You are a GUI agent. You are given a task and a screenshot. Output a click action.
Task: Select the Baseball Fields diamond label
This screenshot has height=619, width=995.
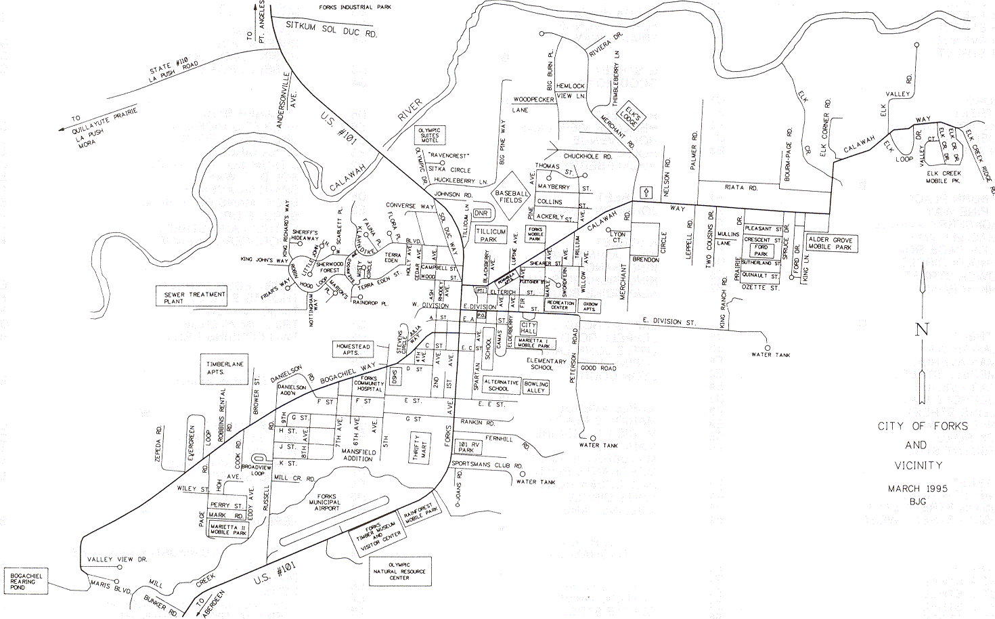coord(510,196)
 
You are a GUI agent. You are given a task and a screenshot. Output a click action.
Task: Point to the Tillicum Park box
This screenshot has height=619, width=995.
coord(491,235)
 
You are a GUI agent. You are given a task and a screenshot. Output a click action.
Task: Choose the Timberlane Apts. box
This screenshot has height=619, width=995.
coord(215,368)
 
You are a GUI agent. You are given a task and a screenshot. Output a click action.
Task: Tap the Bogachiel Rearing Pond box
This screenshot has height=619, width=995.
coord(26,581)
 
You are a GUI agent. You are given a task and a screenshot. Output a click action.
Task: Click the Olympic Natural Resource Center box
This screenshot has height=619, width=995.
coord(399,571)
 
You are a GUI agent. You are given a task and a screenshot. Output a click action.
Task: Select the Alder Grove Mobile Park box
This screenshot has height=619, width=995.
coord(831,244)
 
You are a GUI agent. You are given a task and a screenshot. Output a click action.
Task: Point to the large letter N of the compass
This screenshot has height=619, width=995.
coord(922,330)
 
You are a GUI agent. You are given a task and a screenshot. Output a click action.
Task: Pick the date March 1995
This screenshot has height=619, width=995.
coord(917,488)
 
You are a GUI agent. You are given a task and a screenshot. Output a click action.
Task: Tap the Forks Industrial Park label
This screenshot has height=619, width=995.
coord(355,7)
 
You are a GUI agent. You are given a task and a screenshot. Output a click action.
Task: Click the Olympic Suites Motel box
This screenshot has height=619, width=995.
coord(429,135)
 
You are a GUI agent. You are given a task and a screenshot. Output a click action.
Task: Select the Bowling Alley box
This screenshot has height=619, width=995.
coord(535,387)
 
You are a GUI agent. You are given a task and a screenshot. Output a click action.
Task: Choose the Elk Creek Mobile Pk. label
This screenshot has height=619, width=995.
coord(944,177)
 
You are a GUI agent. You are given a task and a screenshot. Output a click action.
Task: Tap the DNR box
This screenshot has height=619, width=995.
coord(481,213)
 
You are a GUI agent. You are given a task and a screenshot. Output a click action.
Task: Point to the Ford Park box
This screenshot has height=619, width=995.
coord(761,251)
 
